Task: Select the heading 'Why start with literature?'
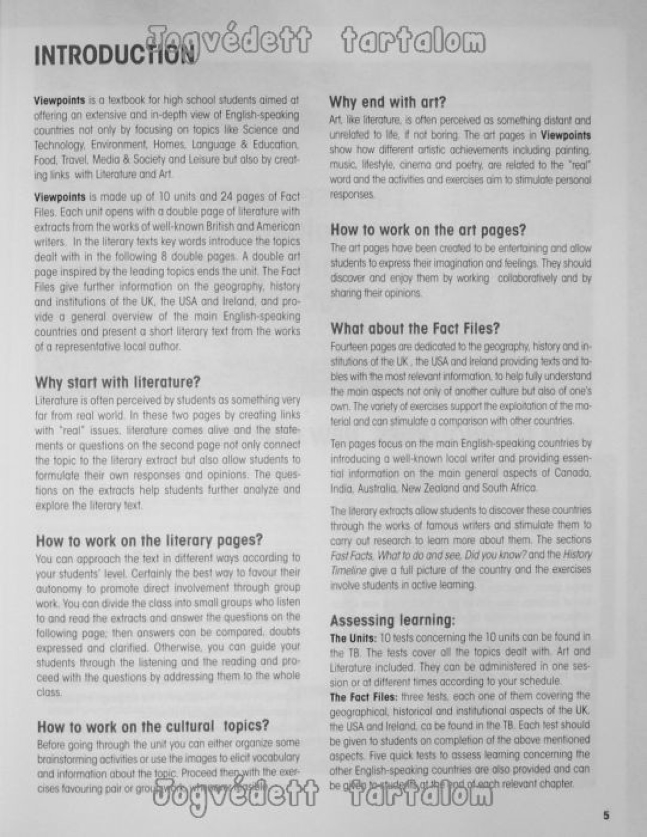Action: point(118,382)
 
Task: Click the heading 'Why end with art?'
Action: point(388,101)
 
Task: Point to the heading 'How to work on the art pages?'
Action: point(428,230)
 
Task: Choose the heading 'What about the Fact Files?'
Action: point(415,329)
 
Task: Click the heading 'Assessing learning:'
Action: point(392,621)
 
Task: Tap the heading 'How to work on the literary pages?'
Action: point(149,540)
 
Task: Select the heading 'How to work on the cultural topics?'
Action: point(153,726)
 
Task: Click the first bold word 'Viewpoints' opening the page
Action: point(59,99)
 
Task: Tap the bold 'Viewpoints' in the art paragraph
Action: point(565,135)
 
